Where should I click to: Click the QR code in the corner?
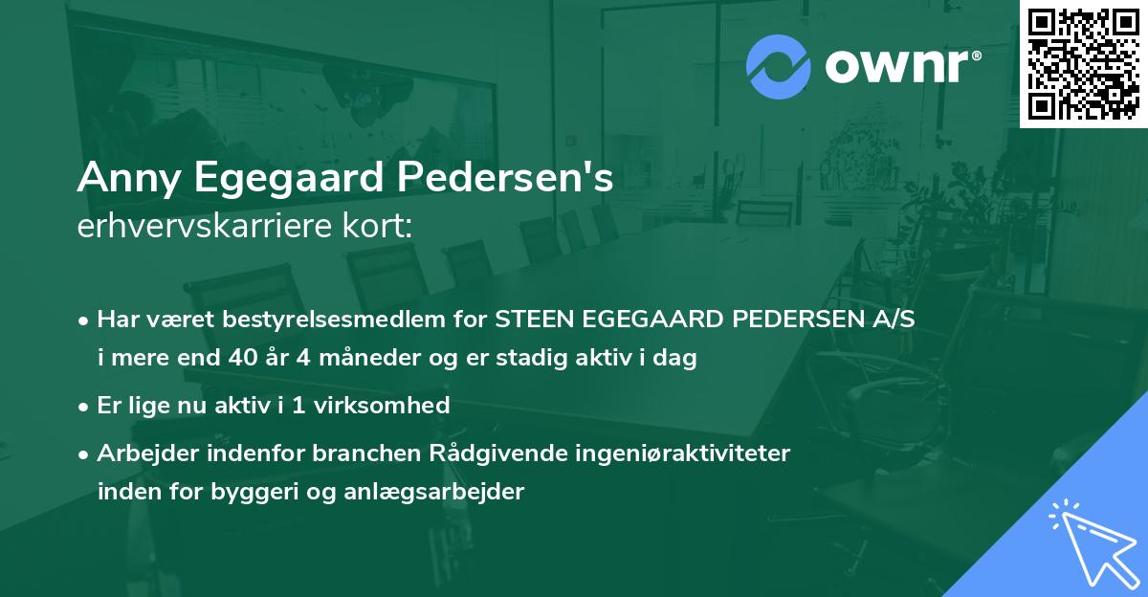1083,64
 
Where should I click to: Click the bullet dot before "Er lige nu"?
84,406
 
